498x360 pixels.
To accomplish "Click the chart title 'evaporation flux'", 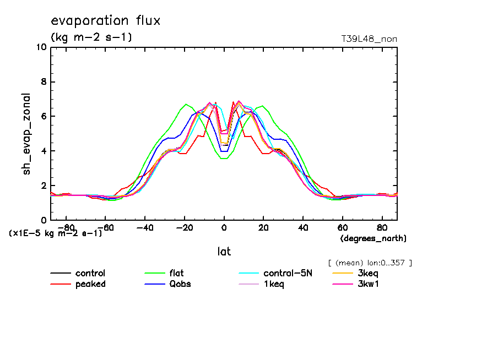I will [x=105, y=21].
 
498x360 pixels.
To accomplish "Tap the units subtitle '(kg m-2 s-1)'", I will [x=91, y=37].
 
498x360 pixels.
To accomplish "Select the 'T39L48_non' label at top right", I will [x=369, y=39].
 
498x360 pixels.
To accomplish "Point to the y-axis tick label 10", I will [x=41, y=47].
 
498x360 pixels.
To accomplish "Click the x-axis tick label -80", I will [x=66, y=227].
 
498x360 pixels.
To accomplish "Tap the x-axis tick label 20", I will [x=263, y=227].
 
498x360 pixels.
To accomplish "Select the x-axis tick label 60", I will [x=342, y=227].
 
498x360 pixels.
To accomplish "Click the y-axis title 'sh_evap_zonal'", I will [x=26, y=134].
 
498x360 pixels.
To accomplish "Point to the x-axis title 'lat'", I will [x=224, y=252].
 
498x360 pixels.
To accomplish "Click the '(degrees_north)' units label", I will [x=373, y=238].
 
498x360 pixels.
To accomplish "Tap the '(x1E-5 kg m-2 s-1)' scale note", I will [x=56, y=233].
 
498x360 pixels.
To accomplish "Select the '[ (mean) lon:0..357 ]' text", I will [x=370, y=263].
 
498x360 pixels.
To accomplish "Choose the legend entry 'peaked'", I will [x=90, y=284].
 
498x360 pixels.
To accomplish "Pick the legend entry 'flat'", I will [x=176, y=274].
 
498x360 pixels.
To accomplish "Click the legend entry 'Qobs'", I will [x=180, y=284].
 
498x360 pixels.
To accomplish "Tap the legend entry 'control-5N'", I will [x=288, y=274].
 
